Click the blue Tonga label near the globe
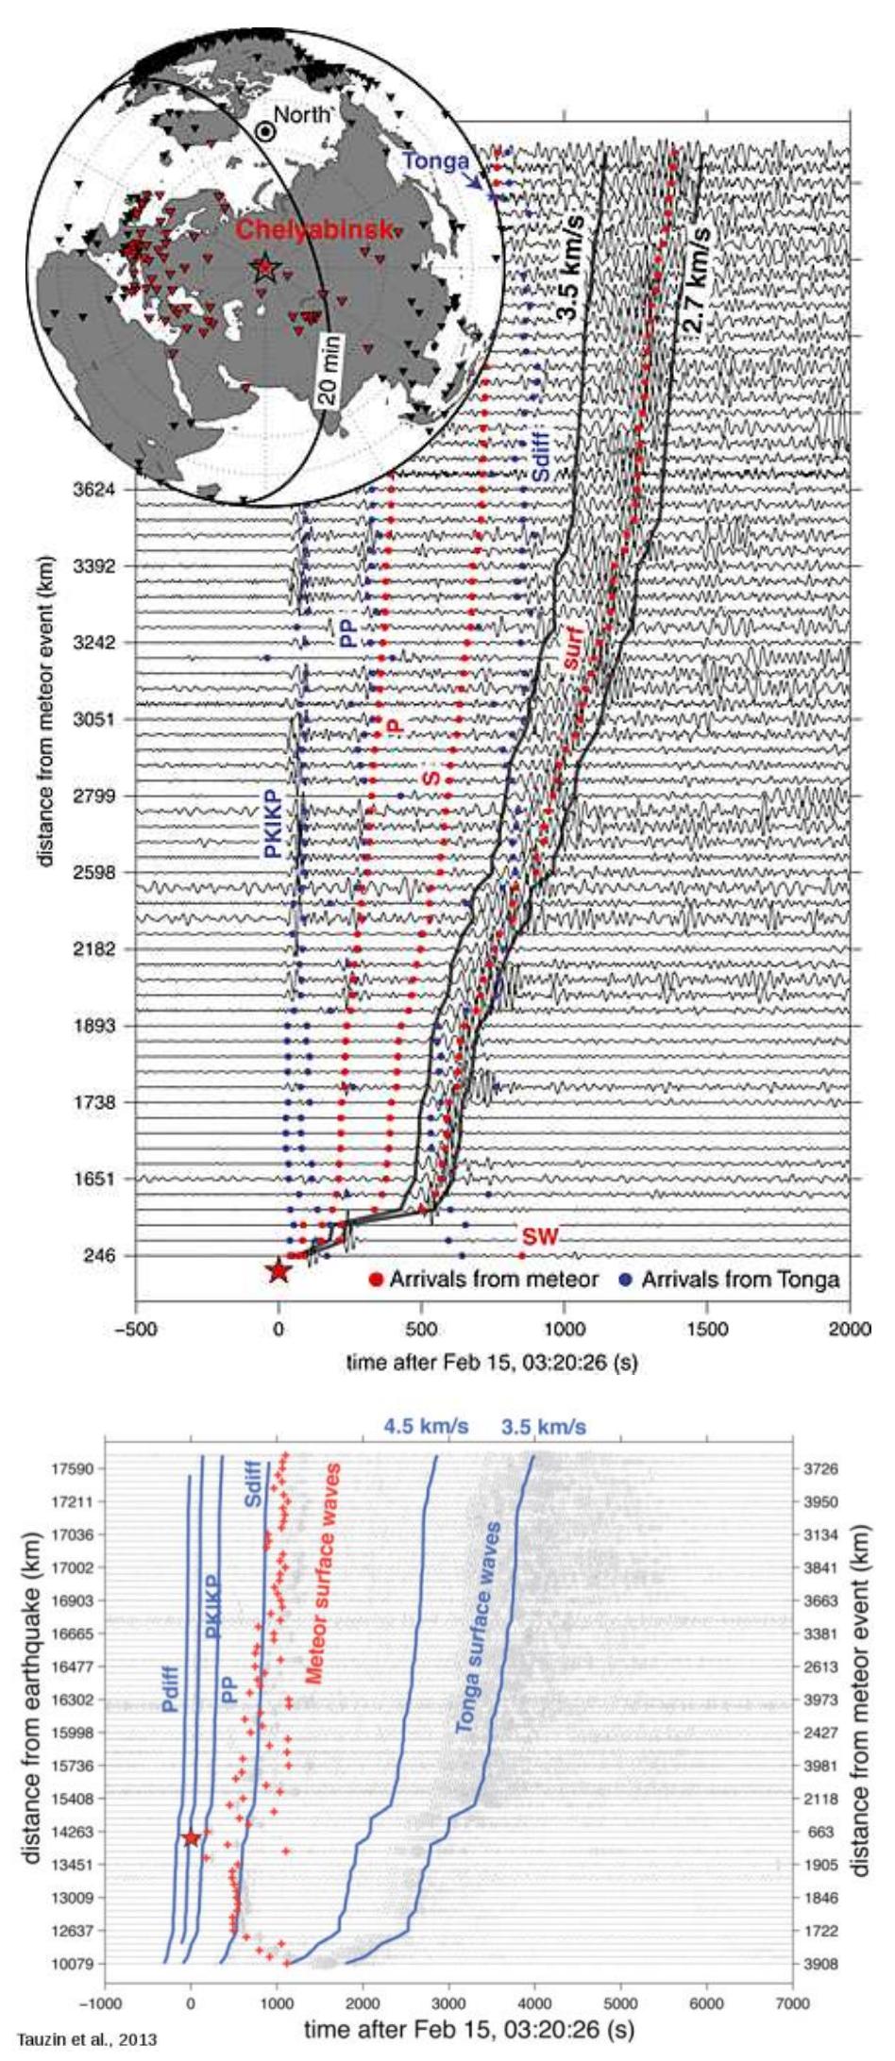(x=435, y=161)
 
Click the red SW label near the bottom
(x=541, y=1237)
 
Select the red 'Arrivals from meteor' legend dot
(x=375, y=1281)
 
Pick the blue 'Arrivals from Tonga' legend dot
(x=626, y=1281)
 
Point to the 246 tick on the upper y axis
(x=100, y=1255)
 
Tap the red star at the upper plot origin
(x=278, y=1271)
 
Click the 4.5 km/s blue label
(x=426, y=1427)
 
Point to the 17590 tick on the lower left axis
(x=72, y=1469)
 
